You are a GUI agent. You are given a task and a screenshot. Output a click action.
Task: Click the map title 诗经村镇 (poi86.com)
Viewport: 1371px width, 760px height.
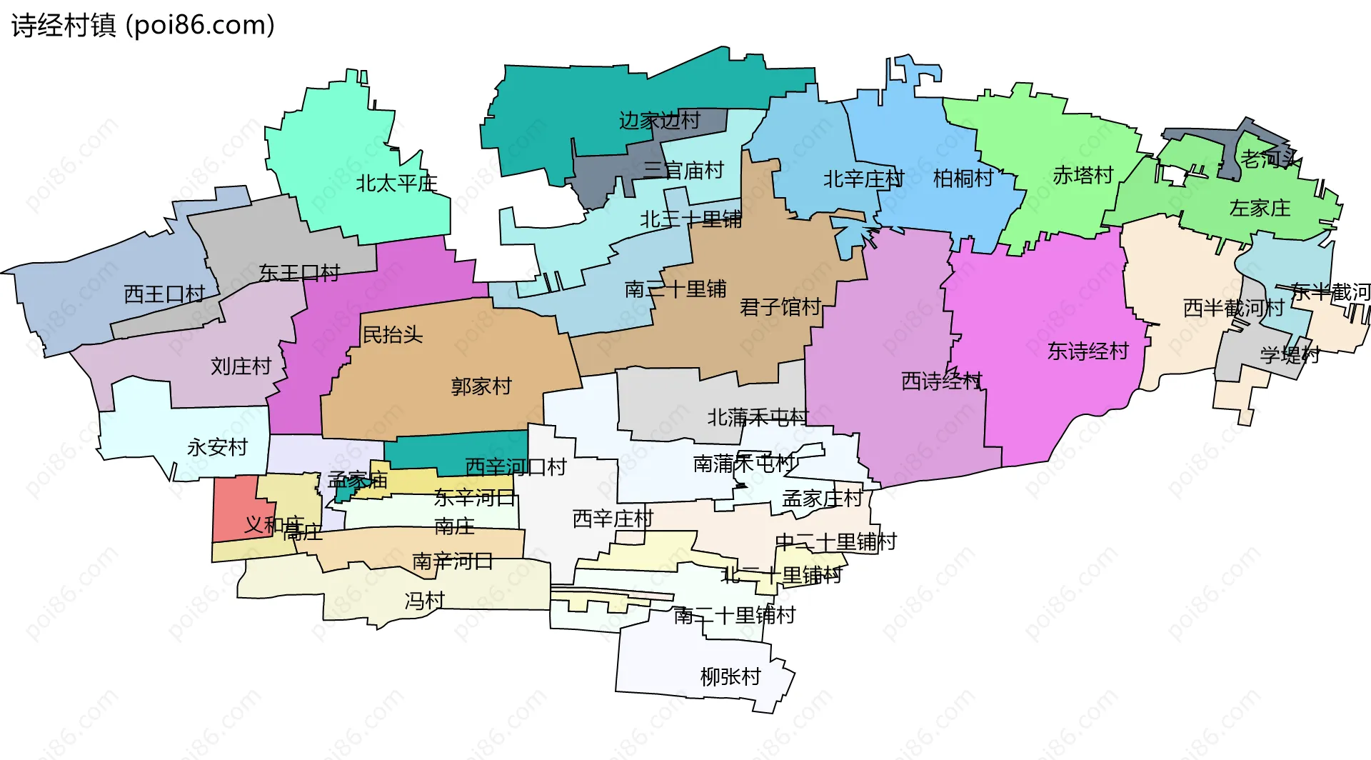143,26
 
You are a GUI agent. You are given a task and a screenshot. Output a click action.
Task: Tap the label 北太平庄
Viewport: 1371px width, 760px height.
396,184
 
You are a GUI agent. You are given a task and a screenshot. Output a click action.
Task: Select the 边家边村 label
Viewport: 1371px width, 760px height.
659,120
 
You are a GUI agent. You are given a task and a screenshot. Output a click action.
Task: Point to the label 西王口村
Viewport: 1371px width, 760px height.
164,294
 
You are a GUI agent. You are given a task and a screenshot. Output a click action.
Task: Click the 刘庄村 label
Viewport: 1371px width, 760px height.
241,366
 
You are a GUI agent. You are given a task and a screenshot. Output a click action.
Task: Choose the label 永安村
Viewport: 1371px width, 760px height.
217,447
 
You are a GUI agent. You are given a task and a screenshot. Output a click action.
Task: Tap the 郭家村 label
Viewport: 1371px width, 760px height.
481,386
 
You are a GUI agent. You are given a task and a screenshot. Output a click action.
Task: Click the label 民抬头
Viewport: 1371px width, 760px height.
393,334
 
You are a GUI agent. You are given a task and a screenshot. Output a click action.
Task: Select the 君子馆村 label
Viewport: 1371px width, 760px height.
780,307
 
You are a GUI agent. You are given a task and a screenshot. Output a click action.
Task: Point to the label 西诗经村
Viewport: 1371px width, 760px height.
942,381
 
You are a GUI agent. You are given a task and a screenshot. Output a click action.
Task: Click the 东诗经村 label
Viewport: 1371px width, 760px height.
1088,351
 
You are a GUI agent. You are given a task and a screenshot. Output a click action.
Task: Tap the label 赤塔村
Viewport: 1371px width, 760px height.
1083,175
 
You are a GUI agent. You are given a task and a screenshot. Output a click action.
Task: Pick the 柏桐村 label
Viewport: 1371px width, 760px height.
963,178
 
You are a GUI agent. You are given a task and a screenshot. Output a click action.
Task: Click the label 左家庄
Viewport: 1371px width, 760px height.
1260,208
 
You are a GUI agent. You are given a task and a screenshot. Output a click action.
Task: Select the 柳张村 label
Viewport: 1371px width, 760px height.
730,676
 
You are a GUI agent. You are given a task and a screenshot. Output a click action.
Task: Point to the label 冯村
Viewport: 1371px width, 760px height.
425,601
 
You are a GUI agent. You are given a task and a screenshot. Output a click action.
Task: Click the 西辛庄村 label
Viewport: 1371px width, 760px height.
613,519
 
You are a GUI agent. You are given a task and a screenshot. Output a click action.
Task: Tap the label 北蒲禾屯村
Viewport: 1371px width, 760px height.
758,417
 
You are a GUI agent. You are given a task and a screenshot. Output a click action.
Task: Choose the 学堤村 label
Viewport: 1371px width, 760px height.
1290,354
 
